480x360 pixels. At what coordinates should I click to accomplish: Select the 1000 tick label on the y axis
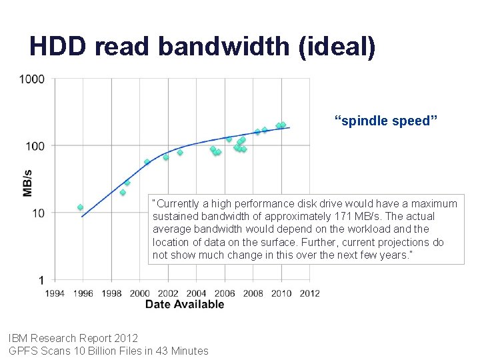pos(32,79)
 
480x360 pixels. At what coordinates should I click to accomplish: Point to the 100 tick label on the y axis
pos(35,146)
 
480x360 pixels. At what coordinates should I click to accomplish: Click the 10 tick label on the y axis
pos(37,213)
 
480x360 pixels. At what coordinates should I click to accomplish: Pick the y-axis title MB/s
pos(27,180)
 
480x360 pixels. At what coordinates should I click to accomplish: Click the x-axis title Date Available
pos(185,305)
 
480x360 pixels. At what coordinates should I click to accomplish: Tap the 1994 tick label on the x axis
pos(55,293)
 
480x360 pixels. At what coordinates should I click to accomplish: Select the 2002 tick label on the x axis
pos(168,293)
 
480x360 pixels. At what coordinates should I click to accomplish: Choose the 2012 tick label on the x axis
pos(309,293)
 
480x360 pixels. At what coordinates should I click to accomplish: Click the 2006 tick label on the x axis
pos(225,293)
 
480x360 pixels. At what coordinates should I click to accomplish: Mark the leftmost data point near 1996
pos(80,207)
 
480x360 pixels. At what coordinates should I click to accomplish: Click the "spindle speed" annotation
pos(386,121)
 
